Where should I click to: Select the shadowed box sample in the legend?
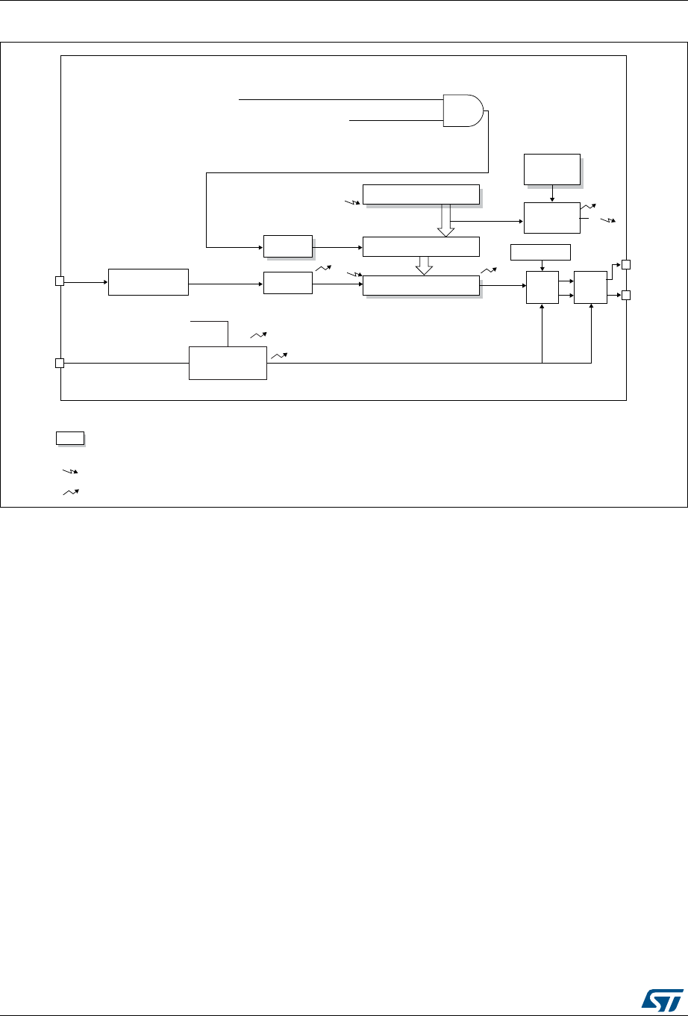69,438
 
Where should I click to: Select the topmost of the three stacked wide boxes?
421,194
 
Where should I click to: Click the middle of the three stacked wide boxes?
421,246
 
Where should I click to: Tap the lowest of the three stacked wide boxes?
421,285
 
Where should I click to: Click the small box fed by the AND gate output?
287,246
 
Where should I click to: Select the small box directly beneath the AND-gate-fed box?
287,283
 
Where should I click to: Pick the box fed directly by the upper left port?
148,281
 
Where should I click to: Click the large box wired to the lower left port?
228,363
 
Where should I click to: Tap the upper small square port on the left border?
60,281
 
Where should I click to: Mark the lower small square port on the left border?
60,364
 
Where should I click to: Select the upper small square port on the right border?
626,264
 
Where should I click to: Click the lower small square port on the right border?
626,296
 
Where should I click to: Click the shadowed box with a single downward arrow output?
551,169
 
